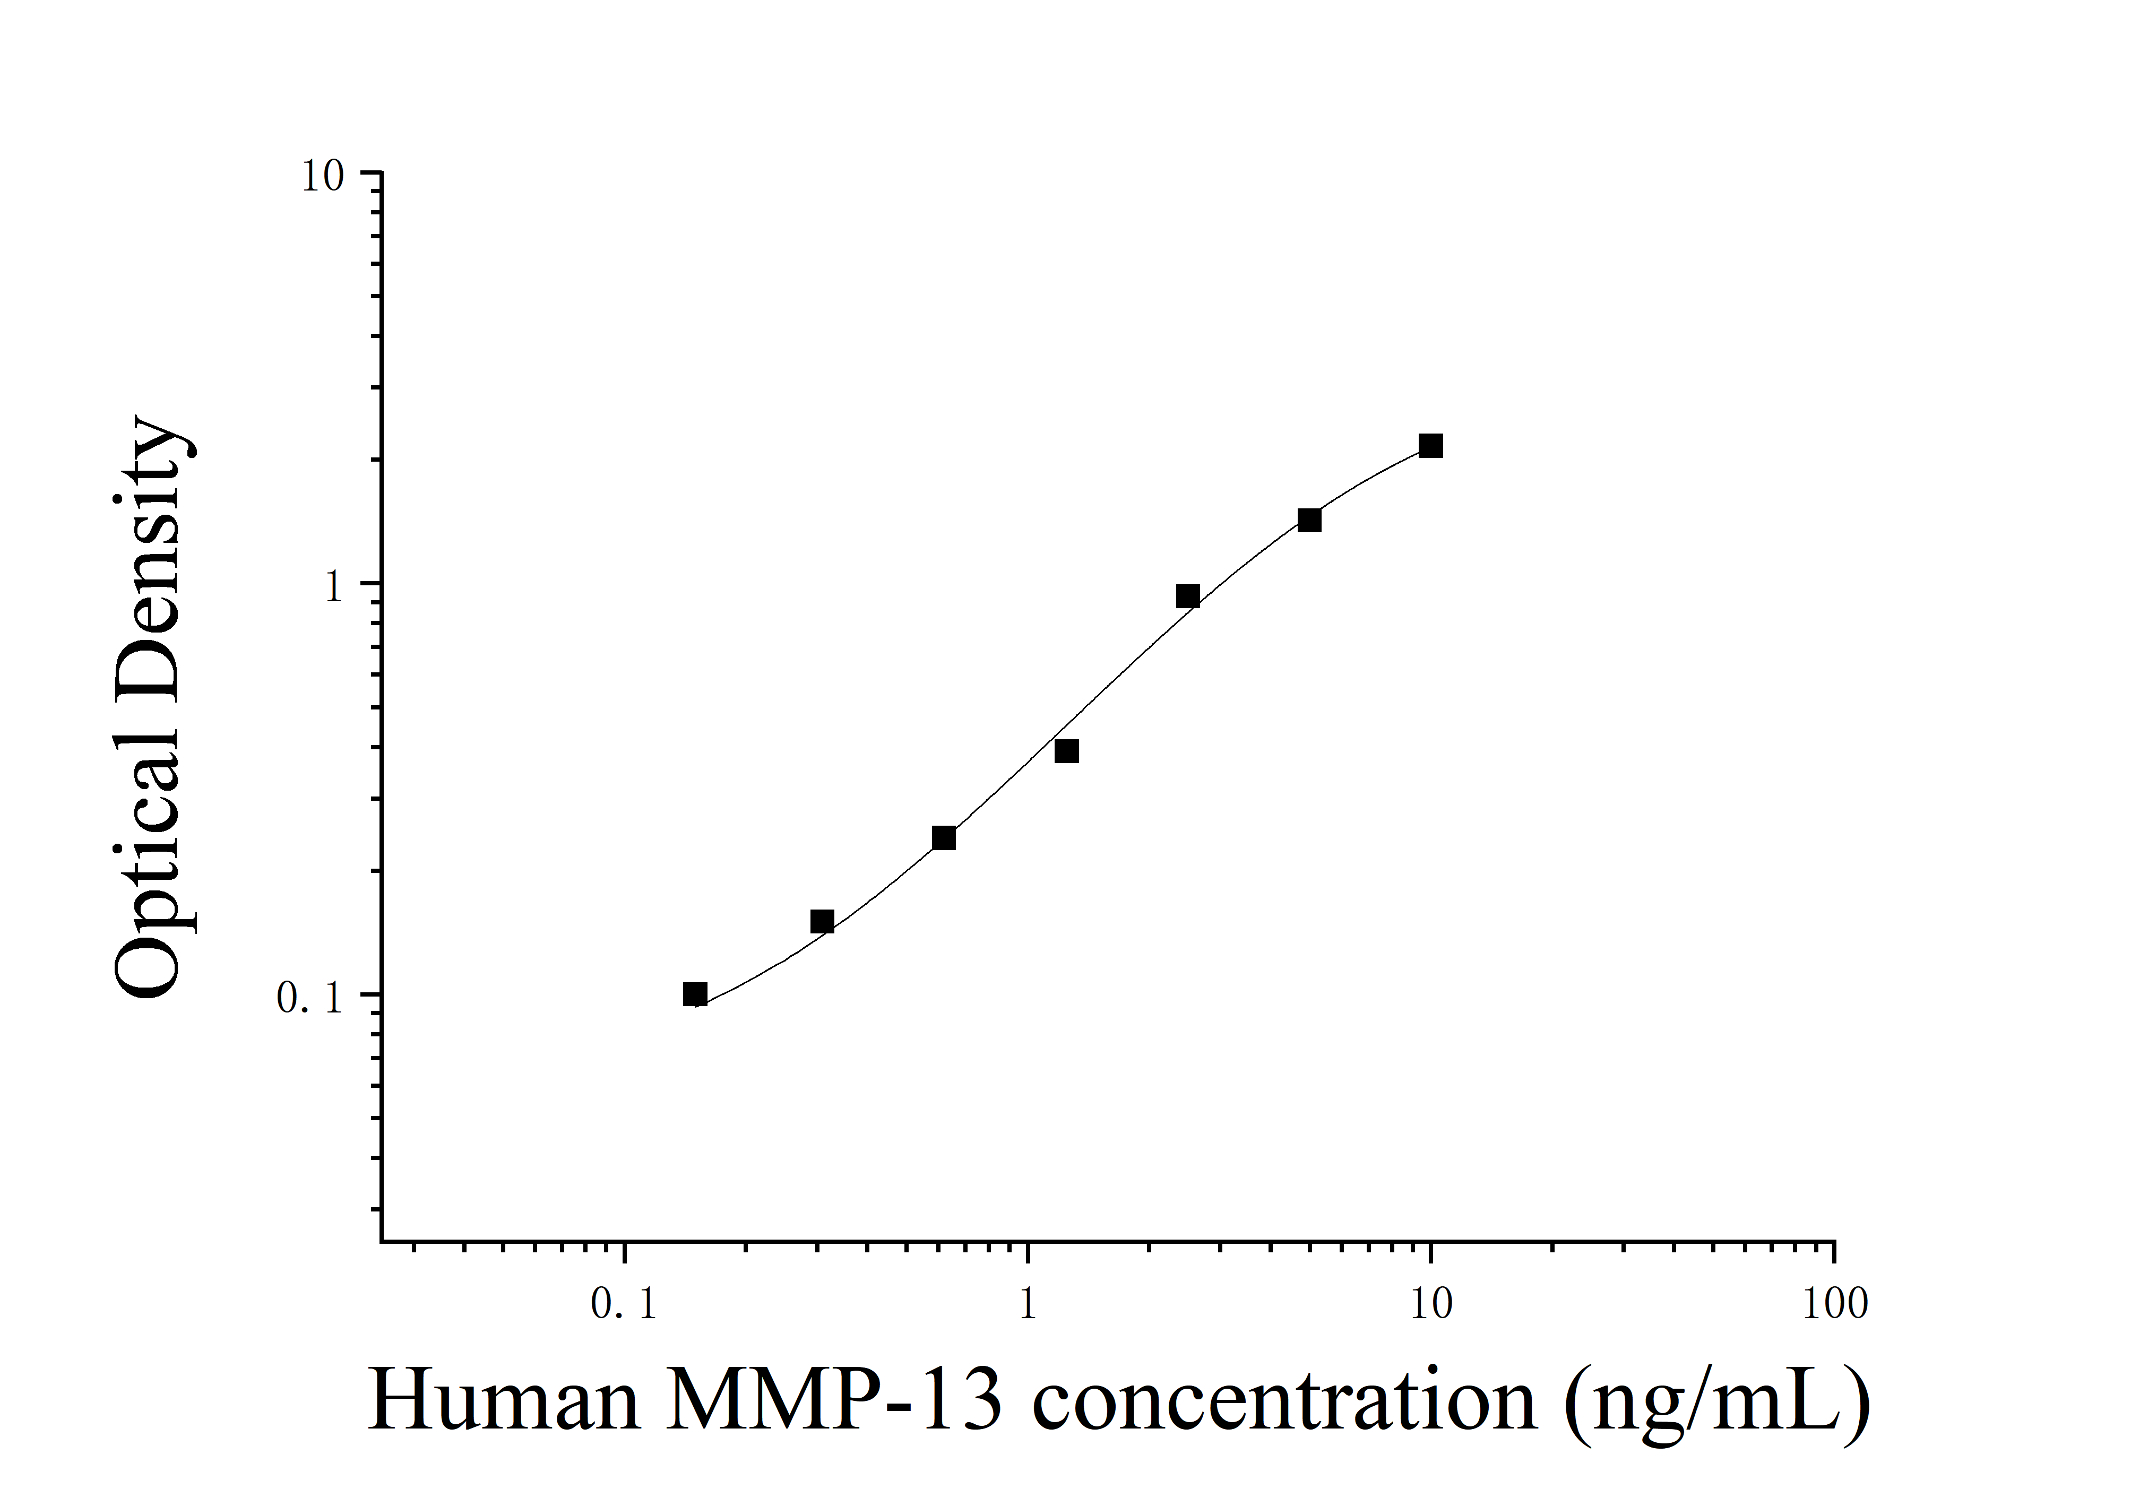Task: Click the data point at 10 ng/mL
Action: click(1430, 446)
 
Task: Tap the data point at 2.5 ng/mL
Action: click(1187, 596)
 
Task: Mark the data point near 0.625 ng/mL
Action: click(943, 838)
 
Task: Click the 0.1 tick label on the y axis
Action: click(310, 998)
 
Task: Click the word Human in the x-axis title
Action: click(504, 1401)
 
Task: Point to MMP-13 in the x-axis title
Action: click(833, 1401)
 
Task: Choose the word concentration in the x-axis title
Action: click(1283, 1401)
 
